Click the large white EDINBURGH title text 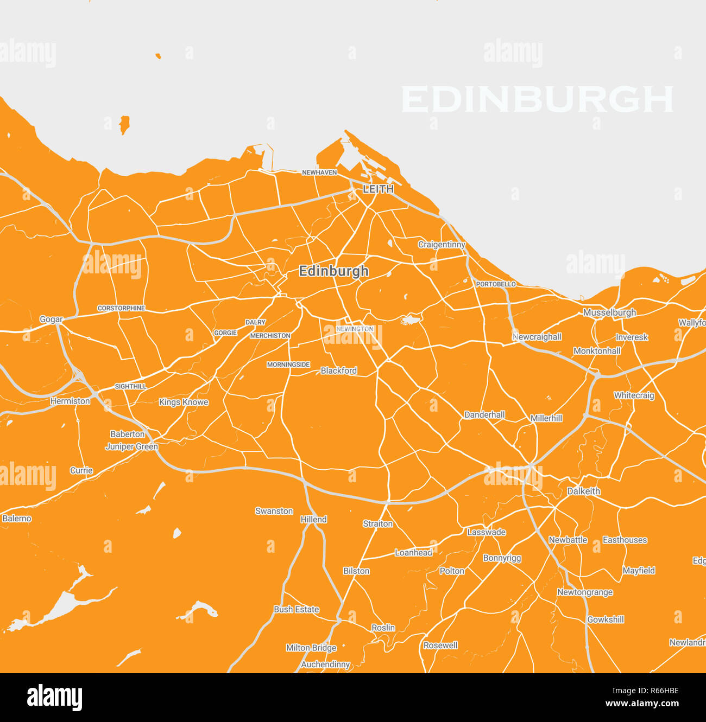pos(537,100)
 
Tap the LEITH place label pos(378,189)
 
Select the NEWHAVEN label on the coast pos(319,172)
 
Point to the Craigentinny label pos(442,245)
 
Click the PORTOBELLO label pos(495,284)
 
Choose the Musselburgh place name pos(609,312)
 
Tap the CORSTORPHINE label pos(121,308)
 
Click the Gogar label pos(51,320)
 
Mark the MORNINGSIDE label pos(288,365)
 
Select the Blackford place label pos(339,370)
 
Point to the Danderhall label pos(484,415)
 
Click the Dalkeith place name pos(584,491)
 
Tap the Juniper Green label pos(131,446)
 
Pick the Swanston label pos(274,511)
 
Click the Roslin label pos(383,628)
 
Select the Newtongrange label pos(585,592)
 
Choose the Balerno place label pos(17,519)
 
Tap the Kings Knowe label pos(184,402)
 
